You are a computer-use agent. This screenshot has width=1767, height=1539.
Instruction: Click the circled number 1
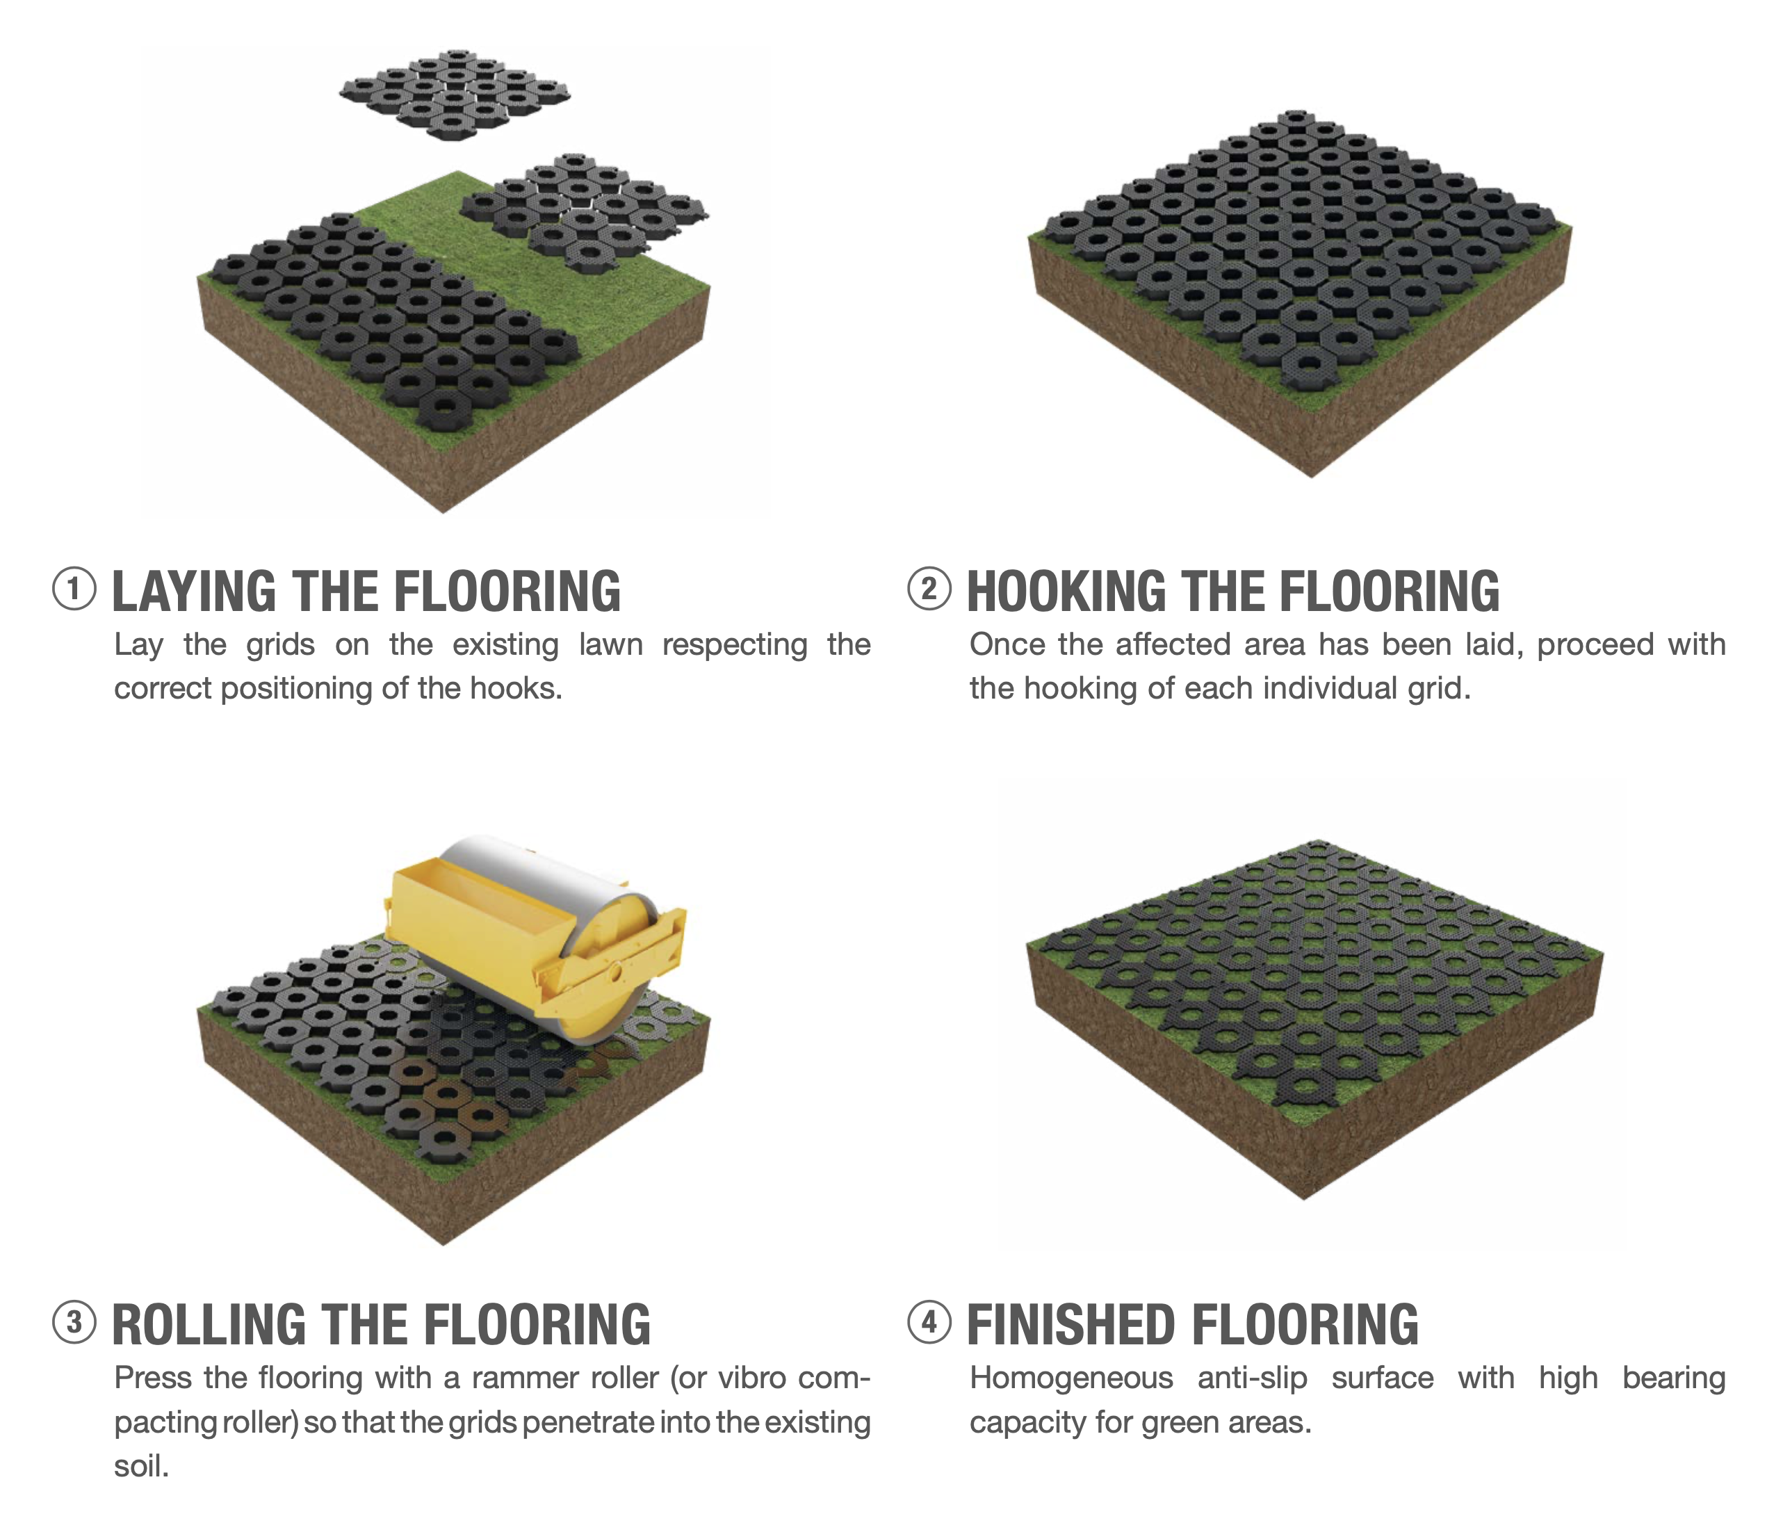click(74, 590)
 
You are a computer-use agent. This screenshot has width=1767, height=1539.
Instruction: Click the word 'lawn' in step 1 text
click(610, 644)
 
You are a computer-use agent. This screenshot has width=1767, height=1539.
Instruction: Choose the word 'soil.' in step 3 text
click(142, 1466)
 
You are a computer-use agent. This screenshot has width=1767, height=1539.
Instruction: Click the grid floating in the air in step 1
click(455, 92)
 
